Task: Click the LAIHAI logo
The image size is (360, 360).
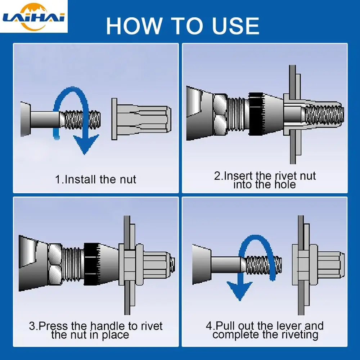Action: [34, 17]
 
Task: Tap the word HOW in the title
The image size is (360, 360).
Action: [134, 26]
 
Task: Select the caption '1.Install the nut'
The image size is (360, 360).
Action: [95, 179]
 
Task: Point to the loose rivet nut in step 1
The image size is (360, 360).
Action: [141, 119]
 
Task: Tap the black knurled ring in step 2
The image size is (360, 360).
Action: [256, 114]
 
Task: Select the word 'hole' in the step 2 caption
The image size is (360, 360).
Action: [285, 185]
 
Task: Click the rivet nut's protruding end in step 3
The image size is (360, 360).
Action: [159, 264]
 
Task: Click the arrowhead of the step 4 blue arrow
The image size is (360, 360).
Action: [239, 291]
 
